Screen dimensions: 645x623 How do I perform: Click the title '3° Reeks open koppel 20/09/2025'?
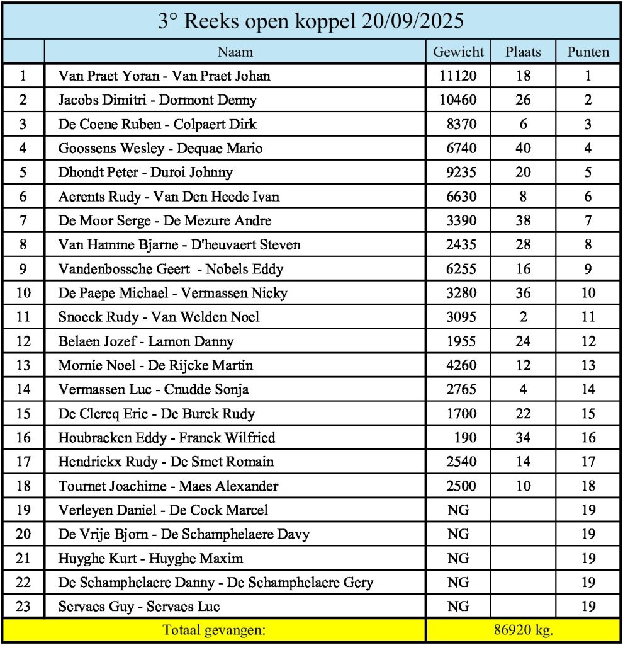(311, 21)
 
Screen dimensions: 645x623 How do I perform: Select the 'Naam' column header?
(235, 52)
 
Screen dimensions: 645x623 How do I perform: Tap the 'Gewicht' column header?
(458, 52)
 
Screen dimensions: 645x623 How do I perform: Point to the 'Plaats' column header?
(523, 52)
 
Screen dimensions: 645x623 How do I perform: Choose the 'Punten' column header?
(588, 52)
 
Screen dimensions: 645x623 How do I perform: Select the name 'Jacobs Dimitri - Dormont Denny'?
(157, 100)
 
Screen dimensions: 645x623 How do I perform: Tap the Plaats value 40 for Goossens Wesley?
(522, 149)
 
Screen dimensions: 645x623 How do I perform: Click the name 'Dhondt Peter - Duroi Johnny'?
(145, 173)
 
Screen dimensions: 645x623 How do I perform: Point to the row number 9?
(23, 269)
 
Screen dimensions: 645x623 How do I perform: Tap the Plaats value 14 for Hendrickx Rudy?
(522, 462)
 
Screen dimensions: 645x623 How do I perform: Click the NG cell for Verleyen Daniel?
(458, 510)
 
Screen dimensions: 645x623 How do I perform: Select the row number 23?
(23, 607)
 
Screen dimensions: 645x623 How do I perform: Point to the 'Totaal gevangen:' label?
(214, 630)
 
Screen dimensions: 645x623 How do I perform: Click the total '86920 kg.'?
(522, 630)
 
